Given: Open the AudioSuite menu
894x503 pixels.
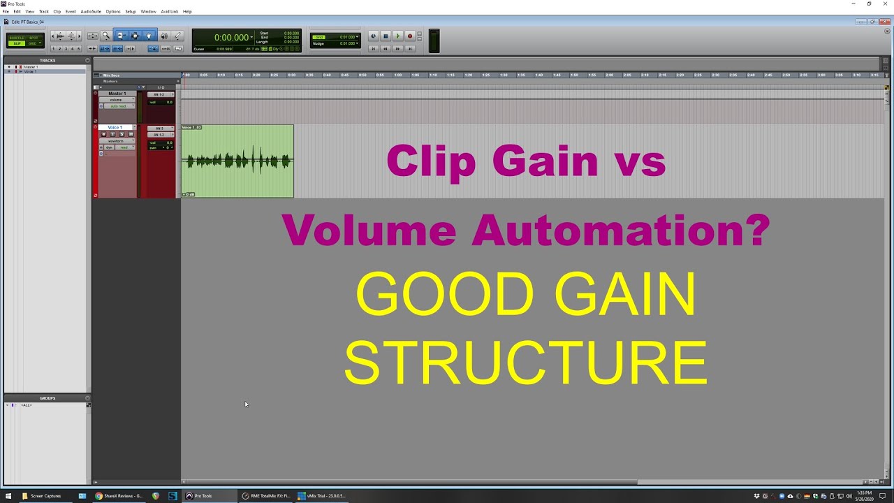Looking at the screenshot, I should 91,11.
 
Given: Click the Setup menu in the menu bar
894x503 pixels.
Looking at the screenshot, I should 131,11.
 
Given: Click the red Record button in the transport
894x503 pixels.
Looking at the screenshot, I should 410,36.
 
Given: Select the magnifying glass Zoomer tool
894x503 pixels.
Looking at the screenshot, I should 106,36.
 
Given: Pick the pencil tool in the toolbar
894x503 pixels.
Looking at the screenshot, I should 177,36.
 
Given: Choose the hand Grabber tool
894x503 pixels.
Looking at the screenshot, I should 148,36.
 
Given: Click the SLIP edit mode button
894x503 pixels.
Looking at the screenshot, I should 16,43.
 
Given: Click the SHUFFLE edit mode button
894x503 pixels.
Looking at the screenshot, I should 16,38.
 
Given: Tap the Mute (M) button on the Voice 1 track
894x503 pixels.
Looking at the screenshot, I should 131,134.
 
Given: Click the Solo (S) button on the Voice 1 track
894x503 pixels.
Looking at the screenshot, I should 122,134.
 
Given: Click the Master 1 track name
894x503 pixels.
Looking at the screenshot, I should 117,94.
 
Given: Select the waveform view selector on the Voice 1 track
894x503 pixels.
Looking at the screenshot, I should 116,141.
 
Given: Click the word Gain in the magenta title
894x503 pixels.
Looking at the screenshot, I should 545,161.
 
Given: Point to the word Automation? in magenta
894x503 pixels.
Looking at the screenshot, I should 621,230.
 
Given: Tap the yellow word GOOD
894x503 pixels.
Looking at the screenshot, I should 445,295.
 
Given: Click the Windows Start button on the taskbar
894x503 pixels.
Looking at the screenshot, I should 8,496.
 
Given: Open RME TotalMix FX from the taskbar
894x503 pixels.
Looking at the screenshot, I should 266,496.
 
